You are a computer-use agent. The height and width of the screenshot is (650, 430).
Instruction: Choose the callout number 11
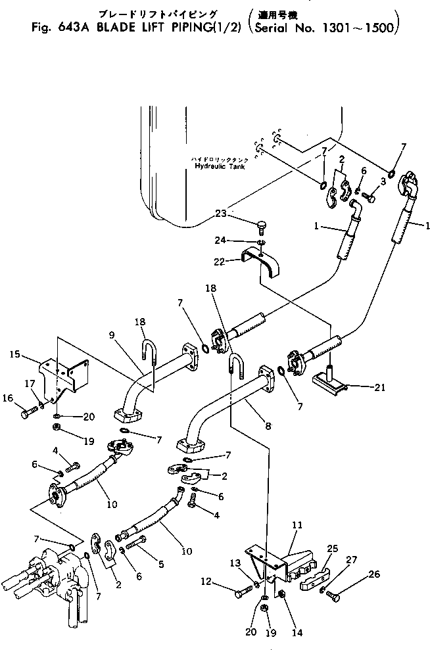297,526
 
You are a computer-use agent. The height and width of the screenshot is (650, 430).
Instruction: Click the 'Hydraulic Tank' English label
211,166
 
